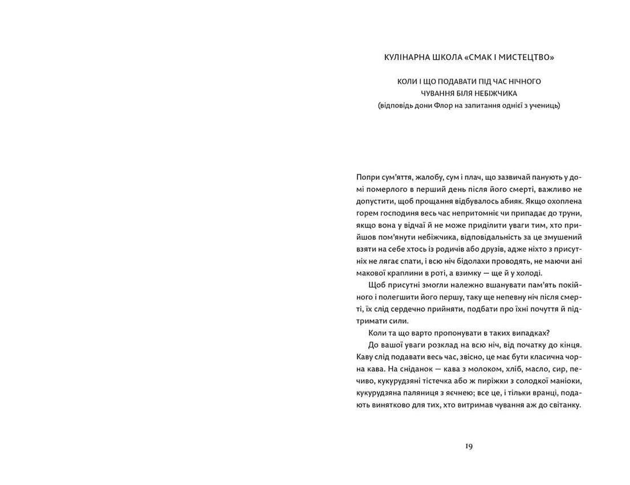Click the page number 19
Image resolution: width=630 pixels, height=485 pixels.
point(468,446)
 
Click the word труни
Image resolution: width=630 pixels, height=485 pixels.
point(569,213)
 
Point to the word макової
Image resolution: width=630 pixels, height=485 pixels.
point(371,273)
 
